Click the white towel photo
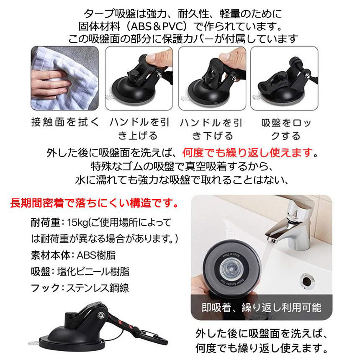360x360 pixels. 65,78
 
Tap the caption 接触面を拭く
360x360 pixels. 65,122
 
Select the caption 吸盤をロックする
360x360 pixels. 286,129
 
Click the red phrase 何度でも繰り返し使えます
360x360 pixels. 248,153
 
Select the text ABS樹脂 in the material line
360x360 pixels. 96,255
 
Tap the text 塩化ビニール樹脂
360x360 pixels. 93,272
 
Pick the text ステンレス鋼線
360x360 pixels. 98,288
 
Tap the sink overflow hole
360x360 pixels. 307,281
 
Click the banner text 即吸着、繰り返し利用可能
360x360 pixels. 261,308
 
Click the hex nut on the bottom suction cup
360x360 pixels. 100,315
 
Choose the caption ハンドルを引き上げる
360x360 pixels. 139,129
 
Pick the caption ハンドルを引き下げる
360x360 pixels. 211,129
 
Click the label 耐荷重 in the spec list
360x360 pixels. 46,222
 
